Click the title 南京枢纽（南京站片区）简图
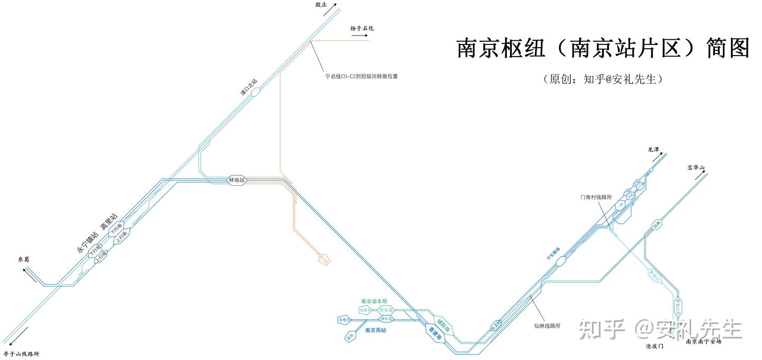[603, 48]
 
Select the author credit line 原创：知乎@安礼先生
[603, 79]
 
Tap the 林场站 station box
[237, 180]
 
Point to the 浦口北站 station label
[248, 88]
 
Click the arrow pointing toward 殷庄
[333, 7]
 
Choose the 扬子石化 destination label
[361, 29]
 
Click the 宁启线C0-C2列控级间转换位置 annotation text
[361, 76]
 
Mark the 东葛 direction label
[24, 260]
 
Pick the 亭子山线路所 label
[21, 354]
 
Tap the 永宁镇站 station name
[87, 242]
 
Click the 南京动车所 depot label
[374, 301]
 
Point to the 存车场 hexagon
[386, 310]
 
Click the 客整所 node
[344, 320]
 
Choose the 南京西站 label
[376, 330]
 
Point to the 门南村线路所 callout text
[596, 197]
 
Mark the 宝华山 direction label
[696, 168]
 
